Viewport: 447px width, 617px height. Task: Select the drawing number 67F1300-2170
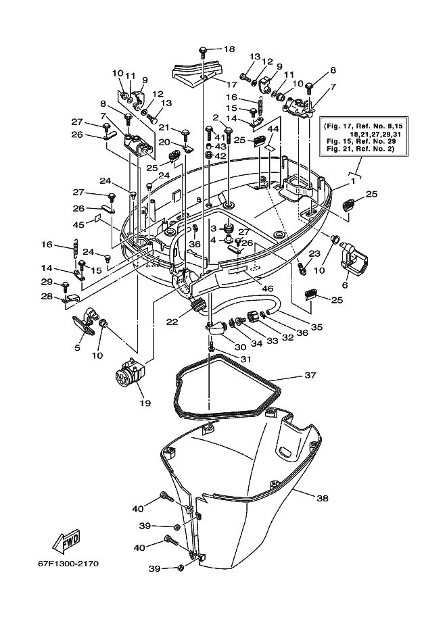click(x=68, y=564)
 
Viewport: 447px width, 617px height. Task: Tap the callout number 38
click(x=323, y=498)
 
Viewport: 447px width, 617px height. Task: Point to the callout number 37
click(x=310, y=375)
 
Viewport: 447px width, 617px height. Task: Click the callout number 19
click(x=145, y=403)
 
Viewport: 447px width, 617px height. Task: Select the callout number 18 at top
click(x=229, y=49)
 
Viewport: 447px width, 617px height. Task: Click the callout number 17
click(x=232, y=84)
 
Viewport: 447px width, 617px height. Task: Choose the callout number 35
click(x=316, y=327)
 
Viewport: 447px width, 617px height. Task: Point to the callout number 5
click(x=77, y=348)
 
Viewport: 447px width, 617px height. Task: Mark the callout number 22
click(x=172, y=322)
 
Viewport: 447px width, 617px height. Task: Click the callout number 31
click(x=245, y=360)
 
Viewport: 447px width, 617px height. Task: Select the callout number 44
click(x=273, y=128)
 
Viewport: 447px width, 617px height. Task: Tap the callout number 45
click(x=78, y=224)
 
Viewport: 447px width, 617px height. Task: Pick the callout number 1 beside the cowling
click(x=353, y=181)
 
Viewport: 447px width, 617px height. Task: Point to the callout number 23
click(x=314, y=253)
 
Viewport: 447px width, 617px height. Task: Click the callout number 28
click(x=47, y=296)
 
